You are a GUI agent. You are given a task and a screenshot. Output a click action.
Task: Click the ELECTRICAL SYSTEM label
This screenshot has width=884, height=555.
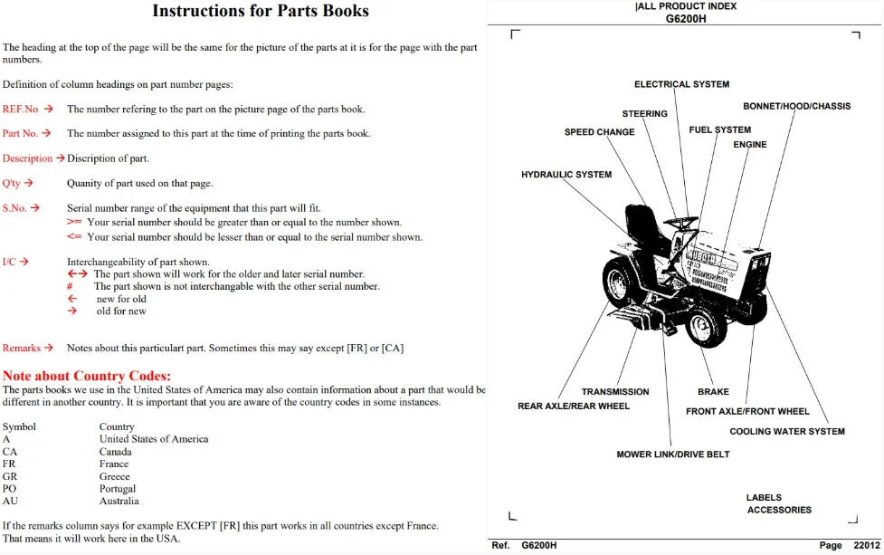click(681, 84)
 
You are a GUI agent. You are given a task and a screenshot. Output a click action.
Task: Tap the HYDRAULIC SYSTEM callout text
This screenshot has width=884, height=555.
click(566, 174)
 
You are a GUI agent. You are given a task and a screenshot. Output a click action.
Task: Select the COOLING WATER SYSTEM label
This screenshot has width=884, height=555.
click(787, 432)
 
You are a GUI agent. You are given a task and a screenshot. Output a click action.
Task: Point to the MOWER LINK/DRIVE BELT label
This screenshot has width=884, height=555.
click(672, 454)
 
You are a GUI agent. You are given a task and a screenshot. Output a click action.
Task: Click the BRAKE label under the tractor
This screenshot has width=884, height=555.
click(713, 391)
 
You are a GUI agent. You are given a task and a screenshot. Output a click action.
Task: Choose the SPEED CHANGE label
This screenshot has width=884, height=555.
click(599, 132)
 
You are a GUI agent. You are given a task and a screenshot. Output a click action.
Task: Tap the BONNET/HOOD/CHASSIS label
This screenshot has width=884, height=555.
click(796, 106)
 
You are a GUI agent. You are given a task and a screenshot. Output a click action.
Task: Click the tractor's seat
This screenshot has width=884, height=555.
click(644, 227)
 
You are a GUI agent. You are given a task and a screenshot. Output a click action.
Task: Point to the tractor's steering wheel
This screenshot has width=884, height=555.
click(681, 222)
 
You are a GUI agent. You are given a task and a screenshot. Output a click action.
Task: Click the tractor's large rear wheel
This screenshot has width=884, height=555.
click(622, 282)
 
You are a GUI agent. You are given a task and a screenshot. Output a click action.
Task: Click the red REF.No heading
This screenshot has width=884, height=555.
click(20, 109)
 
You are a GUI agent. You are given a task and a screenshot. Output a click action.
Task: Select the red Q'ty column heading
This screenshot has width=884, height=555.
click(11, 183)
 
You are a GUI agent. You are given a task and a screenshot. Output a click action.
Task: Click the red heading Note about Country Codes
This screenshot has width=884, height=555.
click(86, 376)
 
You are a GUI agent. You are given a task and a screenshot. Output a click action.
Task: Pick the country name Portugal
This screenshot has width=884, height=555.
click(118, 488)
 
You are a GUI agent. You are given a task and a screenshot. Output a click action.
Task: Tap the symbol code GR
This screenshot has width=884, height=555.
click(10, 476)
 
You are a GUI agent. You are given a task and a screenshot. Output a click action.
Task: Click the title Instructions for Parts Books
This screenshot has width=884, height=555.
click(261, 11)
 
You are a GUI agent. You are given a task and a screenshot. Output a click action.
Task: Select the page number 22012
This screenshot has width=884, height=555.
click(867, 545)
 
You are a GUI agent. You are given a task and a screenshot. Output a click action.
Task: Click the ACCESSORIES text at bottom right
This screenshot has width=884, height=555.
click(779, 510)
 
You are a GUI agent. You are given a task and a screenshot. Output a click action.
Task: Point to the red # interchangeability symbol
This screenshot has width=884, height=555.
click(70, 286)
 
